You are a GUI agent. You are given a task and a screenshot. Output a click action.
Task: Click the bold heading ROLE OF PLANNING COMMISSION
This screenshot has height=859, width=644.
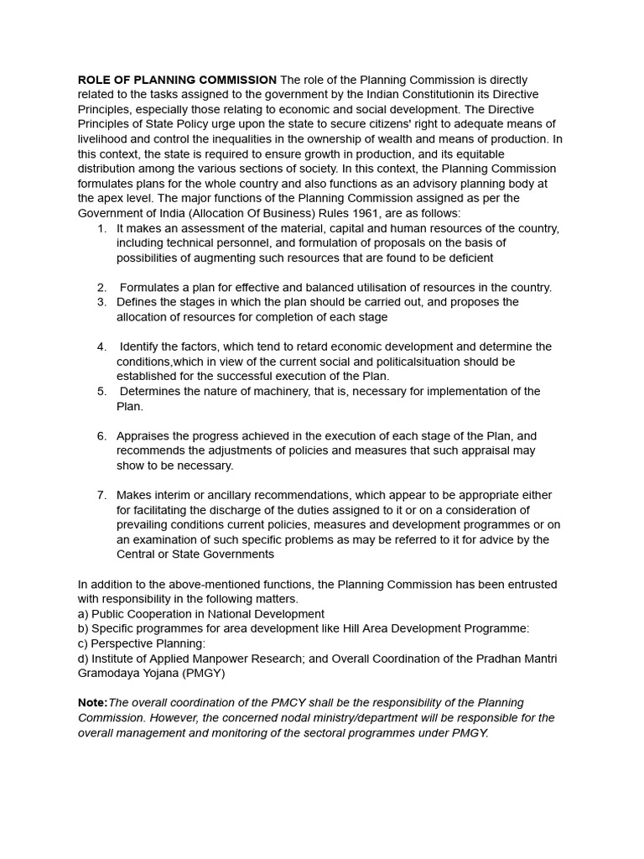pyautogui.click(x=177, y=80)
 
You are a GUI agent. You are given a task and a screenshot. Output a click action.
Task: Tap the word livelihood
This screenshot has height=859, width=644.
pyautogui.click(x=106, y=139)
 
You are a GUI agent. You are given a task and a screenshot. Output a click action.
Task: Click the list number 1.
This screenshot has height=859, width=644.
pyautogui.click(x=101, y=228)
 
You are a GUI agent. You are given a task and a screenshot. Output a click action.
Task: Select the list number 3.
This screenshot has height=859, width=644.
pyautogui.click(x=101, y=302)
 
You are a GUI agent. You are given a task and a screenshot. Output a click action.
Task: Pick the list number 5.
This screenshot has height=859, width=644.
pyautogui.click(x=101, y=392)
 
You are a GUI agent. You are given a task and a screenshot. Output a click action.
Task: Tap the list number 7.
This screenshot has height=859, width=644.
pyautogui.click(x=101, y=495)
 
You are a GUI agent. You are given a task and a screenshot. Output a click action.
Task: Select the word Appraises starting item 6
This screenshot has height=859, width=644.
pyautogui.click(x=143, y=436)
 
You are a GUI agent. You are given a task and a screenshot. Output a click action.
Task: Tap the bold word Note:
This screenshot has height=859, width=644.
pyautogui.click(x=92, y=703)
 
